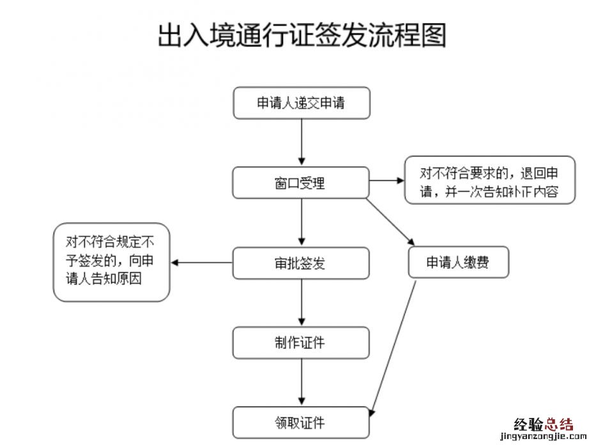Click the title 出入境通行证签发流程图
tap(302, 36)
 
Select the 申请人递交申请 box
tap(302, 103)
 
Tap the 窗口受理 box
tap(301, 183)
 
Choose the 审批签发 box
tap(301, 263)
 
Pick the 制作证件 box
tap(301, 343)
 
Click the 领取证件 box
tap(301, 422)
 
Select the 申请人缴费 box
tap(458, 262)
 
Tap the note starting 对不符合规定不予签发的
tap(111, 261)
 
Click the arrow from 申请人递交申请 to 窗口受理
tap(302, 143)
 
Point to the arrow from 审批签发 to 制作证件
tap(302, 302)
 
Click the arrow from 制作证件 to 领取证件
tap(302, 382)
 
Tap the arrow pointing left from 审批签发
tap(201, 263)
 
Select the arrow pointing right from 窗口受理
tap(386, 181)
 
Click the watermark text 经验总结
tap(544, 424)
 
